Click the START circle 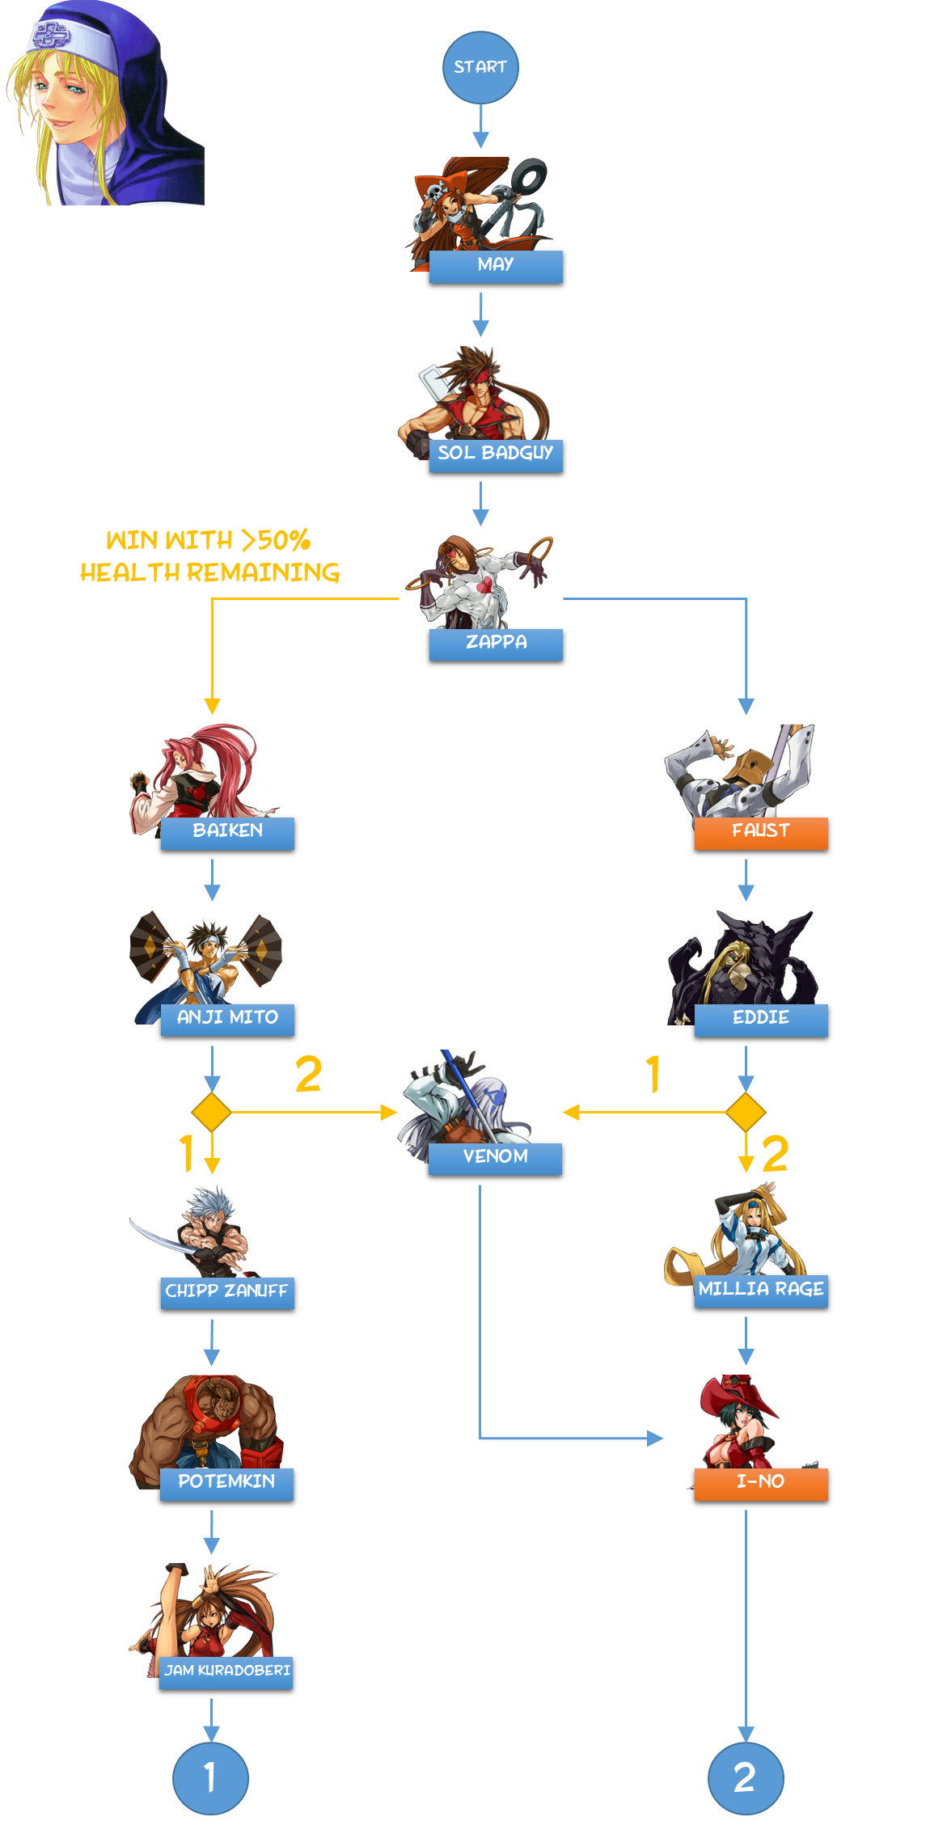tap(480, 68)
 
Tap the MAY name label tap(496, 265)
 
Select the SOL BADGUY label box tap(496, 454)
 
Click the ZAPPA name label tap(496, 644)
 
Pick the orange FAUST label tap(761, 832)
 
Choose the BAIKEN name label tap(227, 832)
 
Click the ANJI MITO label tap(227, 1019)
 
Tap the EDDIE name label tap(761, 1019)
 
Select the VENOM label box tap(495, 1158)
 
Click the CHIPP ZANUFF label tap(227, 1291)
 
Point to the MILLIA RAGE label tap(761, 1291)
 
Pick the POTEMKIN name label tap(226, 1483)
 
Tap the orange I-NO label tap(761, 1483)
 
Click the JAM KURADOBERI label tap(226, 1671)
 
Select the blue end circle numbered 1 tap(210, 1778)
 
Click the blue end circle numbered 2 tap(746, 1778)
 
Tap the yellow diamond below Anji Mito tap(211, 1113)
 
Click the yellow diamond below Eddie tap(746, 1113)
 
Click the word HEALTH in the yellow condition tap(130, 573)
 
